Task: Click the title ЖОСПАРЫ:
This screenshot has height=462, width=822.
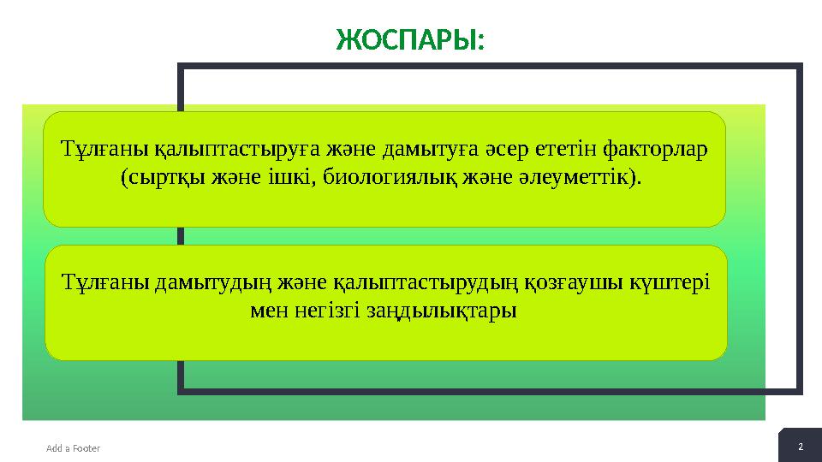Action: (409, 39)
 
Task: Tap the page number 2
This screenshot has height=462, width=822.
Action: (801, 447)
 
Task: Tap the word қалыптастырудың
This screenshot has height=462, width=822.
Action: (423, 282)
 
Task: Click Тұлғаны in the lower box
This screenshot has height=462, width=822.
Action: (105, 282)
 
